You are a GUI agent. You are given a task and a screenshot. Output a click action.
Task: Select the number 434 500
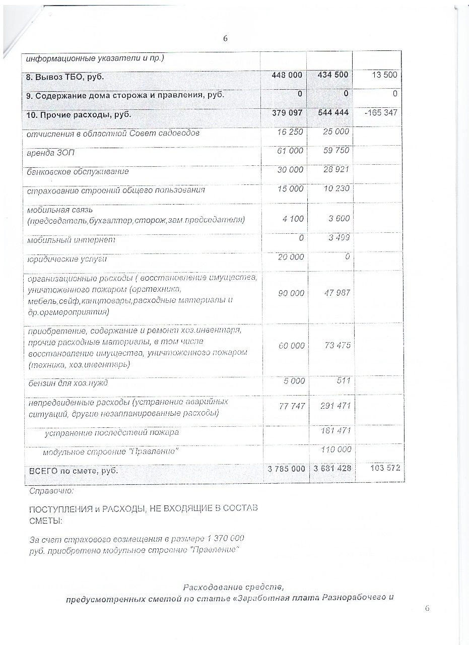(332, 75)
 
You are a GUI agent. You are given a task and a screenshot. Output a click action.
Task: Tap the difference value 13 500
(384, 75)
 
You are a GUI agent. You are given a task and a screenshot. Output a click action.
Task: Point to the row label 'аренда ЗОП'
(51, 152)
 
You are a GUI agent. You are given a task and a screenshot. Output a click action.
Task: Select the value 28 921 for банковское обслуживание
(336, 170)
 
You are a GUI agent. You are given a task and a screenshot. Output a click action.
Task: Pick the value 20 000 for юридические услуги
(291, 257)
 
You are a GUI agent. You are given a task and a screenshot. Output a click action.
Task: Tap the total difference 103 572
(384, 468)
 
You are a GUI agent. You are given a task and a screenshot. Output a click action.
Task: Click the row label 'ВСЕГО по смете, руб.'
(73, 471)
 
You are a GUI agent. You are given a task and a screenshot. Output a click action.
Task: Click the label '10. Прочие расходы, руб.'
(79, 114)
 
